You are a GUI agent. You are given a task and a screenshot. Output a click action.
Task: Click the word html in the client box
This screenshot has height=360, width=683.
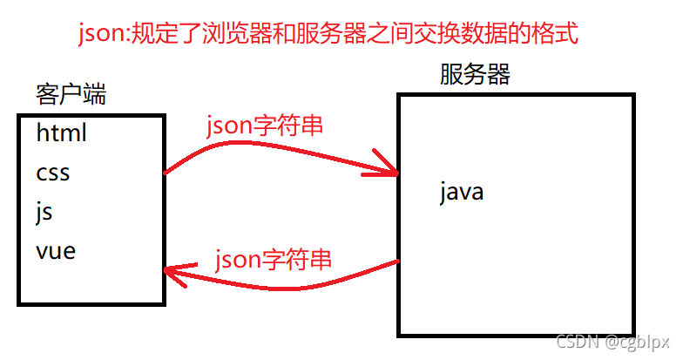(x=62, y=133)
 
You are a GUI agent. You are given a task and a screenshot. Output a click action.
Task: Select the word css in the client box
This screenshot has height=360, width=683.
(x=53, y=173)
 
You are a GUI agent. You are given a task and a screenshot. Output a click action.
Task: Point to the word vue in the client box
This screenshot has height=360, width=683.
(x=56, y=252)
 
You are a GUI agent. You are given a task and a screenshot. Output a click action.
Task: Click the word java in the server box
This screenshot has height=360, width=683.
(x=462, y=191)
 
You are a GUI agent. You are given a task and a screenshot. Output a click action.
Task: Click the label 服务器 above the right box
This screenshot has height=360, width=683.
(x=475, y=75)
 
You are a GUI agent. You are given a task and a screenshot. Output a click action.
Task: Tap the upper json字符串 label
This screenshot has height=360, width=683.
(x=265, y=126)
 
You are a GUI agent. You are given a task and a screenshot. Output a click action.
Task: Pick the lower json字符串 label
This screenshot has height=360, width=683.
(x=274, y=260)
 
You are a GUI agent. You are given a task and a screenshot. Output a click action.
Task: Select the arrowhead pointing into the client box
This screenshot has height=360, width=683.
(x=174, y=275)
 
